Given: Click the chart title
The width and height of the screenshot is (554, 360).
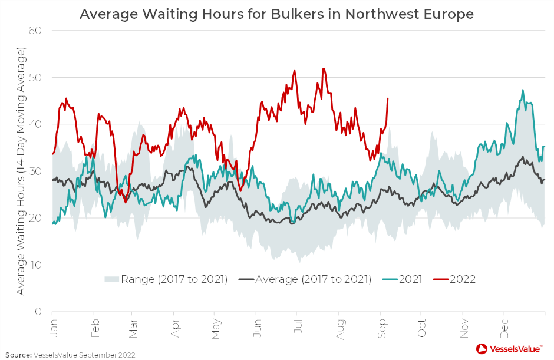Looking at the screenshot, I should coord(276,13).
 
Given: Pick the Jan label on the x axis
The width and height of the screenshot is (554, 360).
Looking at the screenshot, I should coord(54,328).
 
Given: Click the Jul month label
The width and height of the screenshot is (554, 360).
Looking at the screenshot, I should coord(297,328).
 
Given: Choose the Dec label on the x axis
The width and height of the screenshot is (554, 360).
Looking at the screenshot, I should coord(504,328).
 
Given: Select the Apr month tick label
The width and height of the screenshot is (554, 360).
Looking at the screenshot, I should coord(175,328).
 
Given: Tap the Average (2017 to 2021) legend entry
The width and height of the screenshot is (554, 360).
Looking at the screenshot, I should coord(305,279).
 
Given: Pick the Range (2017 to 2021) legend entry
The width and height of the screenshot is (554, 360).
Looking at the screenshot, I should coord(166,279).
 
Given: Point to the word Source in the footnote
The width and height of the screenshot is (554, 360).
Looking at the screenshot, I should coord(18,355).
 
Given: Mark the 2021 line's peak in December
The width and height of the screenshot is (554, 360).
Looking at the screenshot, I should coord(523,90).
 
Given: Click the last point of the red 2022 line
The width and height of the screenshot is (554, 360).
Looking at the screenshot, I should coord(387,98).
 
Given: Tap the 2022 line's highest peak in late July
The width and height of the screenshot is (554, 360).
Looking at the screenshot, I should coord(324,69).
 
